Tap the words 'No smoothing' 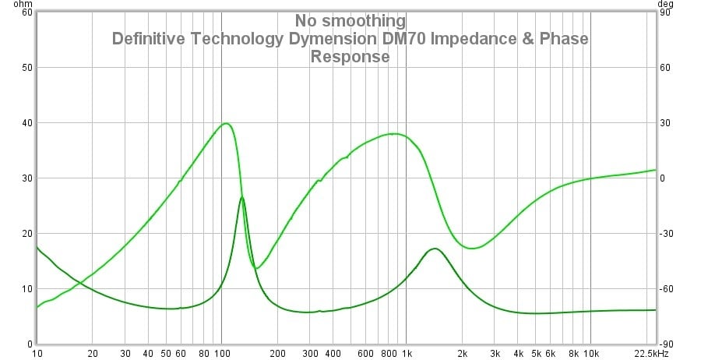point(350,20)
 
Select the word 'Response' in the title point(350,56)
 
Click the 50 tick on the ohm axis point(27,68)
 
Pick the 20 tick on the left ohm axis point(27,234)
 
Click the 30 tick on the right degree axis point(665,123)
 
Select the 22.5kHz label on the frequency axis point(654,353)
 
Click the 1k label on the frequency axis point(406,353)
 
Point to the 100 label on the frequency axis point(221,353)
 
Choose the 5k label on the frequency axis point(535,353)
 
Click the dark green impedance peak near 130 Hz point(242,198)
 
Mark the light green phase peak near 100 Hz point(226,123)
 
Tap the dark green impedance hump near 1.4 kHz point(435,249)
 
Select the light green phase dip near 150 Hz point(256,268)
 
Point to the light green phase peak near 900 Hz point(396,134)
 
